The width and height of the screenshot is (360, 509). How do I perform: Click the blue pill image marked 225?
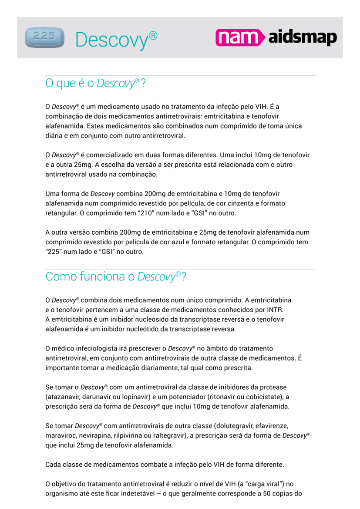(44, 37)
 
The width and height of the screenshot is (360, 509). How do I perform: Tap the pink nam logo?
(240, 37)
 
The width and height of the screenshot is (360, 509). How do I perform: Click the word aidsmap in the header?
(303, 38)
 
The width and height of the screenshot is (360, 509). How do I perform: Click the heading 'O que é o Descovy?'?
(95, 83)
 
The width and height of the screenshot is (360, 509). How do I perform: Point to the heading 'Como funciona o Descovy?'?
(116, 276)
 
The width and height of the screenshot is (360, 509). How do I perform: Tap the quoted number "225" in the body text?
(54, 252)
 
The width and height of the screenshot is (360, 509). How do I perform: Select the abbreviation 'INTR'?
(275, 310)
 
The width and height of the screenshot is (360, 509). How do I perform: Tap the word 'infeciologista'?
(94, 348)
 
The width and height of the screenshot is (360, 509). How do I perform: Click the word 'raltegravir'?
(168, 435)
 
